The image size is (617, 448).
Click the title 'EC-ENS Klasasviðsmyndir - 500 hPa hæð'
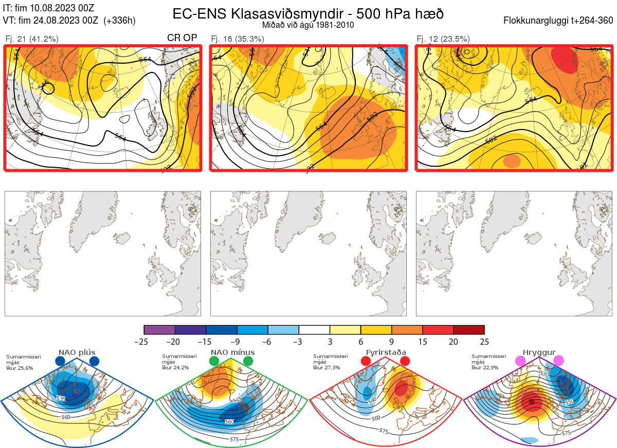pyautogui.click(x=308, y=13)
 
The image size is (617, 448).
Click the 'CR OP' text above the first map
pyautogui.click(x=182, y=38)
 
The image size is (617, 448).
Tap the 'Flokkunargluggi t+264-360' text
pyautogui.click(x=559, y=21)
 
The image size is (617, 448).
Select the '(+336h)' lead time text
pyautogui.click(x=119, y=21)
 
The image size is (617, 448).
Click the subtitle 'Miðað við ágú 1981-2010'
pyautogui.click(x=307, y=25)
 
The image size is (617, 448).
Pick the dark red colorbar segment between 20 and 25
pyautogui.click(x=469, y=330)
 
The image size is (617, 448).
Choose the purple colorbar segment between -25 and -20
pyautogui.click(x=159, y=330)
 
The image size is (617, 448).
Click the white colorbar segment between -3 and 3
pyautogui.click(x=314, y=330)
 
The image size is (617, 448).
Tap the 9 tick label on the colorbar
pyautogui.click(x=392, y=342)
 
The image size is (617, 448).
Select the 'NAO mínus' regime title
pyautogui.click(x=232, y=352)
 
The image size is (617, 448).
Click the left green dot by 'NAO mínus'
pyautogui.click(x=214, y=362)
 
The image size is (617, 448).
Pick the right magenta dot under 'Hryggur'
pyautogui.click(x=558, y=361)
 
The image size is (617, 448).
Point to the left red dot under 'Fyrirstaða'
pyautogui.click(x=366, y=362)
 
